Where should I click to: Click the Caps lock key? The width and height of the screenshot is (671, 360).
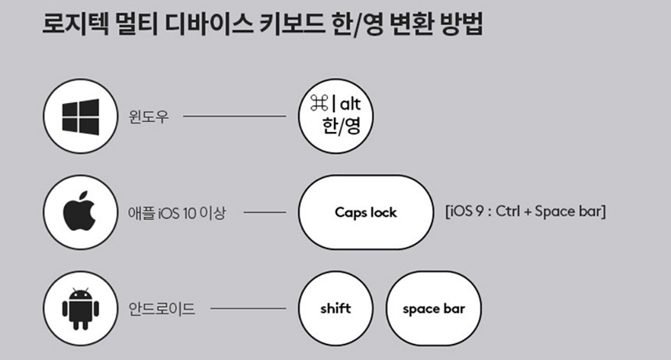coord(365,212)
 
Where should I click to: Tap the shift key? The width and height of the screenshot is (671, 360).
coord(335,309)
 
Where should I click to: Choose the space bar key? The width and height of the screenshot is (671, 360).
coord(433,309)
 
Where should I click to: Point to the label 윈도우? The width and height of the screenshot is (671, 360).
coord(147,118)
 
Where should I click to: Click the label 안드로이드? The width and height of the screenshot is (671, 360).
coord(162,310)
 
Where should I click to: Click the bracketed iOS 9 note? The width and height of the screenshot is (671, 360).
coord(525,211)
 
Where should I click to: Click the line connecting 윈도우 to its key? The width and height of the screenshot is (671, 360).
coord(234,117)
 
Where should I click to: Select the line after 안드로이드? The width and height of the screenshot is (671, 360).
coord(247,310)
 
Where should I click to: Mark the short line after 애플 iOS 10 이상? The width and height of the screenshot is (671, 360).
coord(265,213)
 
